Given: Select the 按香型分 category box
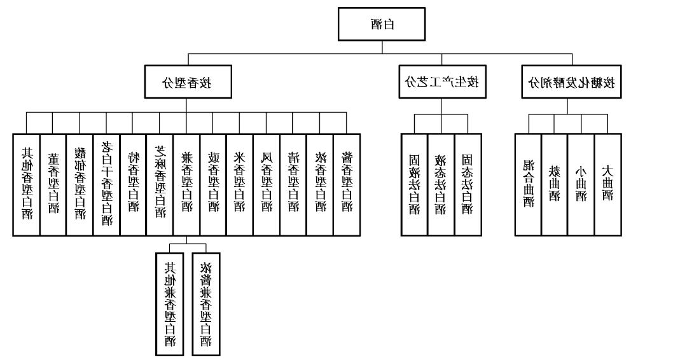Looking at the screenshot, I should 186,82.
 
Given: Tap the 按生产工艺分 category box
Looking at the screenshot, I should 441,82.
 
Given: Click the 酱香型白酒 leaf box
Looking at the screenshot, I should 347,184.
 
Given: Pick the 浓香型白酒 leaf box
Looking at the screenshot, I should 320,184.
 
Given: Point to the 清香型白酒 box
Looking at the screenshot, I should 293,184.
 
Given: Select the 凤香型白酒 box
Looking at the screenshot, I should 267,184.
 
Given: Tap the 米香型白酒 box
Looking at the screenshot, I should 240,184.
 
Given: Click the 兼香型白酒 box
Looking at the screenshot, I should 186,184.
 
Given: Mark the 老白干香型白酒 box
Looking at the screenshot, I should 106,184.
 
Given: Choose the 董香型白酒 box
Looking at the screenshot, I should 53,184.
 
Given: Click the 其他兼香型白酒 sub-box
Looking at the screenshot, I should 170,304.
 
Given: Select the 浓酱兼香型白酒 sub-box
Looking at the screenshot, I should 205,304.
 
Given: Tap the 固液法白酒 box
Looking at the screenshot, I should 414,184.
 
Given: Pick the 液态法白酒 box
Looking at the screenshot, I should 441,184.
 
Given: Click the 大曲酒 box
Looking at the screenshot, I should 607,184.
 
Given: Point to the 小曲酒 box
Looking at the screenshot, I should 581,184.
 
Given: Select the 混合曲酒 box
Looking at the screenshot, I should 528,184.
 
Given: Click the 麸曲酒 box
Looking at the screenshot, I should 554,184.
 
